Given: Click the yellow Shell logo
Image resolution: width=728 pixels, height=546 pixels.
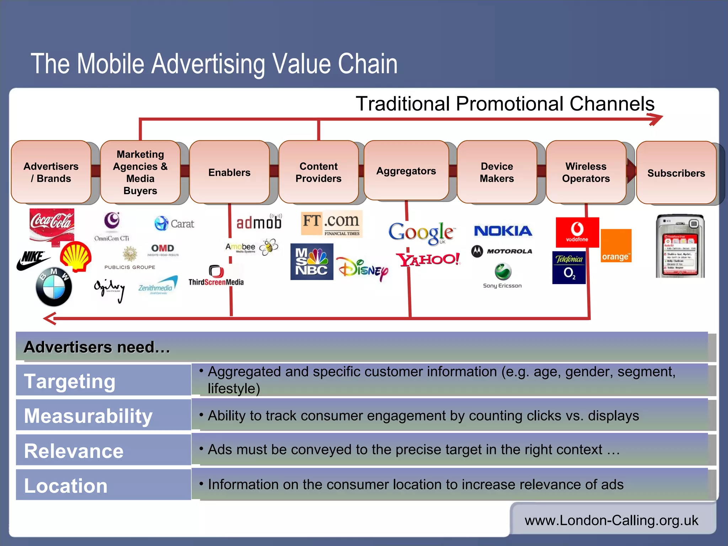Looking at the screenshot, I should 76,256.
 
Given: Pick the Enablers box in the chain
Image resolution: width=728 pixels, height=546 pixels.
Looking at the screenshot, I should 229,172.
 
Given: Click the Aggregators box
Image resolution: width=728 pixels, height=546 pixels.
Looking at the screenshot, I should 406,171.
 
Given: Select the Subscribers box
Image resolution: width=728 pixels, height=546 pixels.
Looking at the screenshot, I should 676,173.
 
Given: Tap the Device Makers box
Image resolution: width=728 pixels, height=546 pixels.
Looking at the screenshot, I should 497,172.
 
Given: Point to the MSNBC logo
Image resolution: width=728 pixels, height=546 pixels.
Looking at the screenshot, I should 312,262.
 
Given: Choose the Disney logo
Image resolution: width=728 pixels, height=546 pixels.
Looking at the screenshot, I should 362,269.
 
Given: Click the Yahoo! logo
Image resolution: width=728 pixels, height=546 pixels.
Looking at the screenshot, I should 428,259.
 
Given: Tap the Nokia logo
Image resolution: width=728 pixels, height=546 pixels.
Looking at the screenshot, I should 503,231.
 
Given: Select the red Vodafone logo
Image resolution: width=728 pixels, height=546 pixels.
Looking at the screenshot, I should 577,232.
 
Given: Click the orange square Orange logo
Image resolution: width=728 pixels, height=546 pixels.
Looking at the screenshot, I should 616,246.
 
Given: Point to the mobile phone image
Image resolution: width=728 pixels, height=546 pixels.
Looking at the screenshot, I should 680,246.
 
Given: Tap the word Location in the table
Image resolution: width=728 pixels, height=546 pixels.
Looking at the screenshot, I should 66,485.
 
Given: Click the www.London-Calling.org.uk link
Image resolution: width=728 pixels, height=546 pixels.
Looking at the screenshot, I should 611,520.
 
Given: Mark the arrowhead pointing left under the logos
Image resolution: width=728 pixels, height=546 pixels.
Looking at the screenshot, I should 50,318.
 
